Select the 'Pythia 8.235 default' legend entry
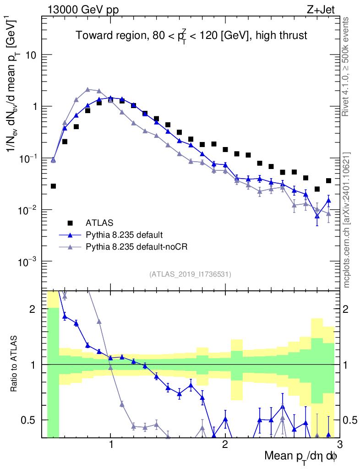point(124,235)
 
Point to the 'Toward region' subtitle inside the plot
point(191,36)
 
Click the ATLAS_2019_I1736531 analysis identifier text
point(190,274)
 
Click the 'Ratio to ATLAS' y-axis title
point(15,365)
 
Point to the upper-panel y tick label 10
point(31,55)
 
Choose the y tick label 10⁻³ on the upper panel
point(27,262)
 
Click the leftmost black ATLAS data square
point(53,186)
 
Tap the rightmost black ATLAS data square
point(328,180)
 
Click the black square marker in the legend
point(71,223)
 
